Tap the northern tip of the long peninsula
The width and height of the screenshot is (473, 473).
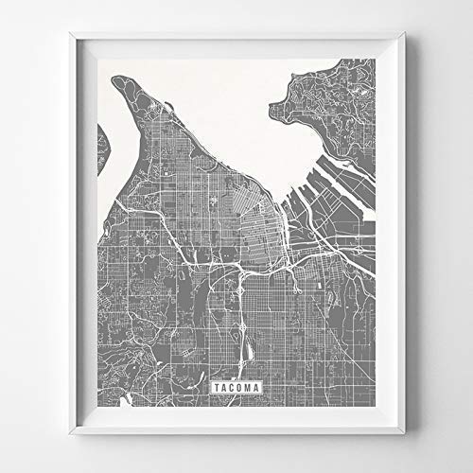coord(122,83)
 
